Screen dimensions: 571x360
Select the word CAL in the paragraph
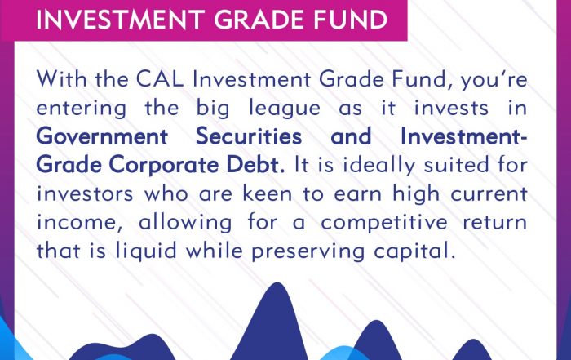160,78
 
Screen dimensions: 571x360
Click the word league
285,109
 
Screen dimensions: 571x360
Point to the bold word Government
102,137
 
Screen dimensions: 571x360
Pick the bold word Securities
249,136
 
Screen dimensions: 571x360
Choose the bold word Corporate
164,166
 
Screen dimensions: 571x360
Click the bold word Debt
255,165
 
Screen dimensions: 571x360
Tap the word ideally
378,166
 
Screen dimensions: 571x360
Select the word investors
85,193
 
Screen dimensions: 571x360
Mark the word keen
268,193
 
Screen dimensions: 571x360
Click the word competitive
384,223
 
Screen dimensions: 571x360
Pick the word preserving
308,251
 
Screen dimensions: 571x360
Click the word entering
82,109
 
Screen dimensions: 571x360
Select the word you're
494,80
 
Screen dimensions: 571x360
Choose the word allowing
185,223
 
